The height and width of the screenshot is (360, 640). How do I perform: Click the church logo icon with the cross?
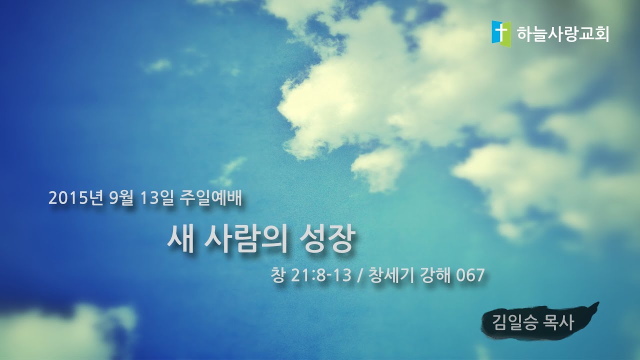(x=501, y=33)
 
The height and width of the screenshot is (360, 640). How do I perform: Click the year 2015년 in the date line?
(x=76, y=199)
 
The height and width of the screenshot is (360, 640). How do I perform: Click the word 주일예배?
(x=210, y=199)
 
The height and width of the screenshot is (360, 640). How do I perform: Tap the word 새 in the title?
(x=179, y=240)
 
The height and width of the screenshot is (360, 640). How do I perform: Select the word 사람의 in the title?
(x=246, y=240)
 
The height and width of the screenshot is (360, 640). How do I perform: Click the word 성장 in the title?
(x=330, y=240)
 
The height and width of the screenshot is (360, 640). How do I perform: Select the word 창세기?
(x=391, y=275)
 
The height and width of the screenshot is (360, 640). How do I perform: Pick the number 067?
(x=470, y=275)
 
